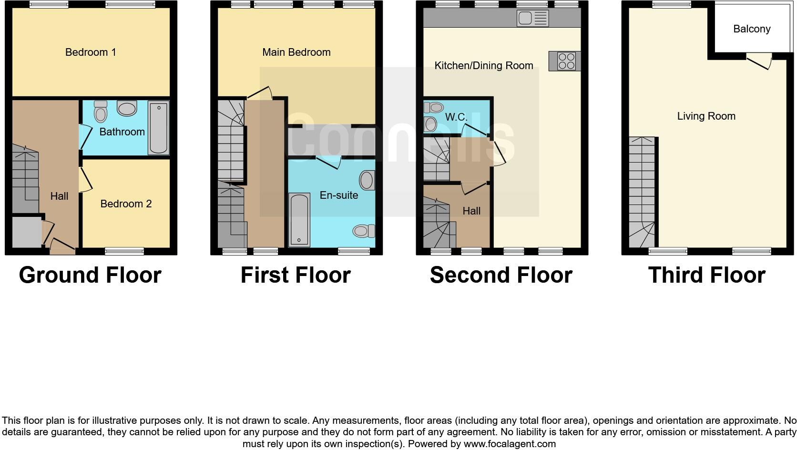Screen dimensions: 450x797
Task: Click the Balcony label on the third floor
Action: [x=752, y=29]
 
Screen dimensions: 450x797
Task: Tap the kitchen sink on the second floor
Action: [x=532, y=19]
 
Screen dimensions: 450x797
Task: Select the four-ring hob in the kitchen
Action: [x=566, y=61]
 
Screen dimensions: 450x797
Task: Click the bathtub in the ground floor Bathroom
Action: [x=158, y=128]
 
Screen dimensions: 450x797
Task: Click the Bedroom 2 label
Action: [x=126, y=204]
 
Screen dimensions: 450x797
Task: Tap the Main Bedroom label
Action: [x=296, y=52]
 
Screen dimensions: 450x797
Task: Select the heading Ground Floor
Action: [x=90, y=276]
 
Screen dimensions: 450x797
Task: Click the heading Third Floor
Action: [x=706, y=276]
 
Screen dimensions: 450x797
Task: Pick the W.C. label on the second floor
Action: [x=456, y=117]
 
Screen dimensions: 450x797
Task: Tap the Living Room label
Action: [x=706, y=116]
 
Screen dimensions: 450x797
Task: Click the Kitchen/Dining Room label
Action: [x=483, y=66]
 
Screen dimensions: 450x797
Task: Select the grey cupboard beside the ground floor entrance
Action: [x=27, y=233]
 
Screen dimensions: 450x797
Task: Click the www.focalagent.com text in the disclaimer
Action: [x=509, y=444]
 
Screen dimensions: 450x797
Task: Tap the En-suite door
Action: [x=328, y=163]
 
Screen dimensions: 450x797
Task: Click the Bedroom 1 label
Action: [x=91, y=52]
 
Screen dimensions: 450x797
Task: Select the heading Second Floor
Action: [x=501, y=276]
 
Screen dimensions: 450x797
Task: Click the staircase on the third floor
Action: [x=642, y=191]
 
